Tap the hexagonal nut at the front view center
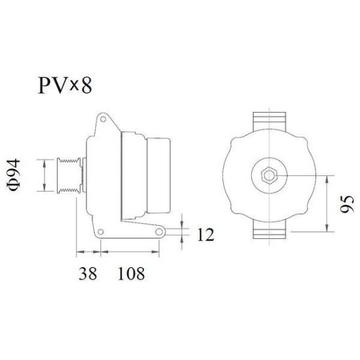(268, 175)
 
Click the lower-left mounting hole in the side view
(101, 232)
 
